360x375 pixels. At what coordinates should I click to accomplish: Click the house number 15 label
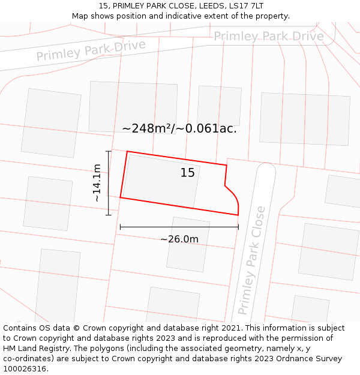[x=188, y=173]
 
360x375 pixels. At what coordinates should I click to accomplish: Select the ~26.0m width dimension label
[x=179, y=239]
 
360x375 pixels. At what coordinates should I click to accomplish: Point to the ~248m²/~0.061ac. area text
[x=179, y=128]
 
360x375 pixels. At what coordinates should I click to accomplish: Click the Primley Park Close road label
[x=251, y=260]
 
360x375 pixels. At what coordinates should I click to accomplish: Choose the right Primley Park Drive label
[x=268, y=37]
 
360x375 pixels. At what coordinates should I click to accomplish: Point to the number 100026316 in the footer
[x=25, y=368]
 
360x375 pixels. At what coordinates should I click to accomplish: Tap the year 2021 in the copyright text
[x=231, y=328]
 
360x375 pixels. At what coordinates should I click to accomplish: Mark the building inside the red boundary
[x=161, y=181]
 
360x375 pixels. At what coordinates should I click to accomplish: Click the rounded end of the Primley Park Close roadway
[x=265, y=171]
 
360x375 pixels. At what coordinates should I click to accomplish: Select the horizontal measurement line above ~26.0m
[x=179, y=227]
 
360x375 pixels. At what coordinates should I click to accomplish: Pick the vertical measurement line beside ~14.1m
[x=109, y=182]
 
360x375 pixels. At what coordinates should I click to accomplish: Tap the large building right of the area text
[x=304, y=118]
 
